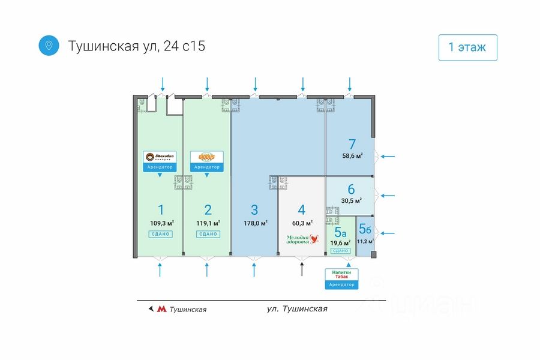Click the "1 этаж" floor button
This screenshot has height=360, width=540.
[468, 47]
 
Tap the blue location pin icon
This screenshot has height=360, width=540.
[49, 45]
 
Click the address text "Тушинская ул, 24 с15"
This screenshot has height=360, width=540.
[137, 46]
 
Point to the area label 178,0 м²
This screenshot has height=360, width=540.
[255, 223]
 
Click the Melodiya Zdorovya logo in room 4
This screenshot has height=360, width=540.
[302, 239]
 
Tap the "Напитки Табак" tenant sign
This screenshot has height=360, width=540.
[341, 274]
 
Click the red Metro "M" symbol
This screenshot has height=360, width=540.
[161, 310]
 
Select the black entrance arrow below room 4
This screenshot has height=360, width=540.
[302, 269]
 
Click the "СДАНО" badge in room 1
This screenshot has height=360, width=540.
[160, 233]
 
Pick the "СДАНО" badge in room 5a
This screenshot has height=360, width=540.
[340, 251]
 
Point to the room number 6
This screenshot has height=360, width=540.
[351, 189]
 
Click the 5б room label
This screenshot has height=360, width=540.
[364, 229]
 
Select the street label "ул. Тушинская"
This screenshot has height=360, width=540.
[297, 309]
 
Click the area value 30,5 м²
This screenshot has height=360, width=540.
[352, 200]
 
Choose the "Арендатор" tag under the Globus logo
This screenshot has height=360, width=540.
[207, 167]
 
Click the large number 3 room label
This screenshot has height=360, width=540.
[254, 210]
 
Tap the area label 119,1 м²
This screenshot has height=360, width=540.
[208, 223]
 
